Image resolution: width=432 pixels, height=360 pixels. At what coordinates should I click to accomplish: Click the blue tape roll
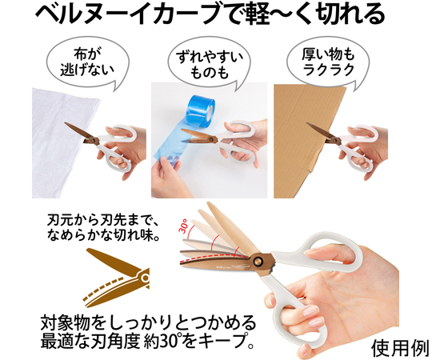tap(201, 110)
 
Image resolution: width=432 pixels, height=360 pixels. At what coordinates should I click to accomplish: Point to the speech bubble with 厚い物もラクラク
tap(328, 62)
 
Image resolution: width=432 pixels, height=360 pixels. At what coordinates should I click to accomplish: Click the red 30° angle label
tap(184, 226)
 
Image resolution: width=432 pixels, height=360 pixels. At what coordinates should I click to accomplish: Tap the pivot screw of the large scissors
tap(258, 261)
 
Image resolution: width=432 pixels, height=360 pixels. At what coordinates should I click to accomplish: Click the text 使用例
tap(400, 349)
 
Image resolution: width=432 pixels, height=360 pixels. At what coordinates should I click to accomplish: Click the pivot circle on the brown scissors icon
tap(145, 278)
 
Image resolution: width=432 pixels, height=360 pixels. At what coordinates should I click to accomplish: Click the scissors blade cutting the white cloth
tap(81, 132)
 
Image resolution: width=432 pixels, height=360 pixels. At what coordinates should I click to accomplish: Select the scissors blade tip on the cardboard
tap(308, 124)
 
